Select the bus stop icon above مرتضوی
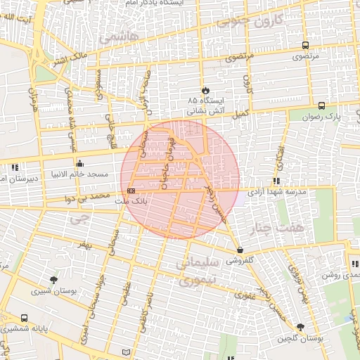[304, 45]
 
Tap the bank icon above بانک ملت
[131, 191]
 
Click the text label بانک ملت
[131, 201]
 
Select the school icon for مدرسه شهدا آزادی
[276, 181]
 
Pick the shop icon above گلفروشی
[240, 249]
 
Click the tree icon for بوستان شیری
[53, 279]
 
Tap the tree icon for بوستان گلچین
[301, 328]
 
